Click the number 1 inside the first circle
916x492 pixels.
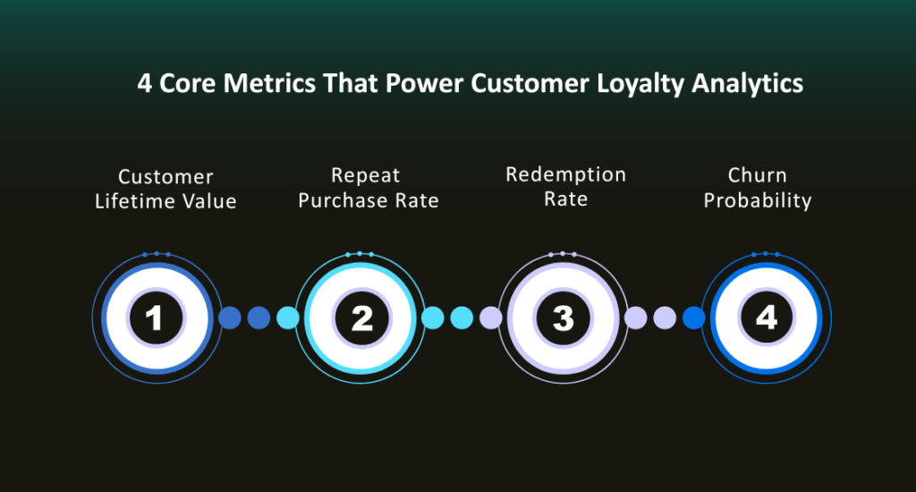click(154, 318)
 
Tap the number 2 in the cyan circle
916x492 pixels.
click(360, 318)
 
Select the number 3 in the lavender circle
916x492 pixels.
click(563, 318)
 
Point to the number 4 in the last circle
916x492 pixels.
click(766, 318)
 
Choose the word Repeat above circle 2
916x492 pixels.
click(365, 175)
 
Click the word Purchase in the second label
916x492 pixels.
click(344, 200)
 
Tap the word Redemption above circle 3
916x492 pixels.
click(565, 174)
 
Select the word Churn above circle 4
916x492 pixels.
click(758, 175)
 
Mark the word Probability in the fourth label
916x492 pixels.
click(758, 200)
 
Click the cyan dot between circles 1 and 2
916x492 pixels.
click(288, 318)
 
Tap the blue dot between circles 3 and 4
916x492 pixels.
click(693, 318)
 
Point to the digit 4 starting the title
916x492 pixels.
click(144, 84)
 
